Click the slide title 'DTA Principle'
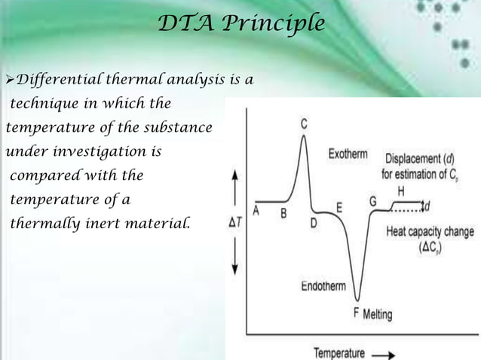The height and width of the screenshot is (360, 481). [241, 24]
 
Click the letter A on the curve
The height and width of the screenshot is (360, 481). [256, 211]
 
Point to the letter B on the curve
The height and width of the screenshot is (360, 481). [283, 213]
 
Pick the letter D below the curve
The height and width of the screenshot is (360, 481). [313, 223]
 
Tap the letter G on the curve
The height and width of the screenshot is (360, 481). [373, 202]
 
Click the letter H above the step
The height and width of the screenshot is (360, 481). [400, 190]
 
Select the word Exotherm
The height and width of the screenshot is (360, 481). [348, 154]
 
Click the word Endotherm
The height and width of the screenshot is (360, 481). [324, 286]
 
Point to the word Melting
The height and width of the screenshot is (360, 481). [378, 314]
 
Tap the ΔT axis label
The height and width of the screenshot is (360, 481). [235, 223]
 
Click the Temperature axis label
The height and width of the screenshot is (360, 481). [339, 352]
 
